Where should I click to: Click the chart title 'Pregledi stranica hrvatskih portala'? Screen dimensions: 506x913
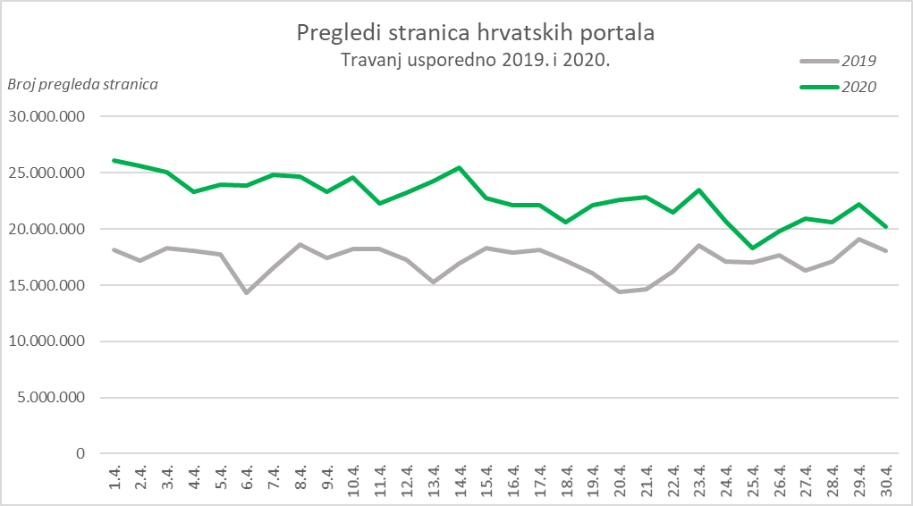pyautogui.click(x=476, y=34)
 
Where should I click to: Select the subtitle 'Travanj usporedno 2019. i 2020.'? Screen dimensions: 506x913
pyautogui.click(x=475, y=61)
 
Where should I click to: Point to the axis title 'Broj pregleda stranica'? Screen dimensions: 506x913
pyautogui.click(x=83, y=85)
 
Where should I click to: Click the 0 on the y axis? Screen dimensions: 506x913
pyautogui.click(x=80, y=454)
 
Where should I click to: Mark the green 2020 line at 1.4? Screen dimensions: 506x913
pyautogui.click(x=114, y=161)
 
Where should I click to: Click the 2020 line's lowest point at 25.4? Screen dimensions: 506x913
pyautogui.click(x=753, y=248)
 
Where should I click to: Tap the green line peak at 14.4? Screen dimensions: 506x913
pyautogui.click(x=460, y=167)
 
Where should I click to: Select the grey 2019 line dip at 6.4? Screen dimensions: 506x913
pyautogui.click(x=247, y=292)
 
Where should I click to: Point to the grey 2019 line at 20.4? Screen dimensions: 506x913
pyautogui.click(x=620, y=291)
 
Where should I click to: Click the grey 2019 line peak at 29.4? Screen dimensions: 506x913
pyautogui.click(x=859, y=239)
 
